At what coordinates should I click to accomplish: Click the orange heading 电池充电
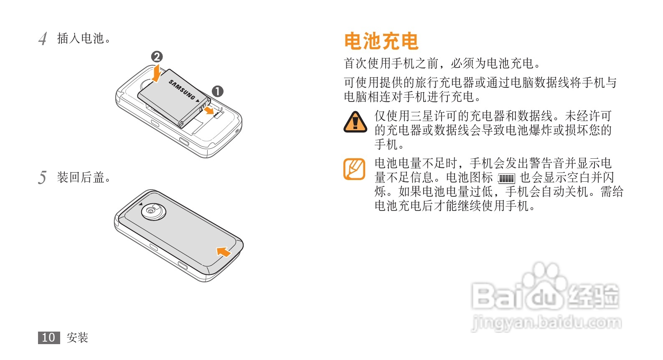[381, 41]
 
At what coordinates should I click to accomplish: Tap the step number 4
[43, 39]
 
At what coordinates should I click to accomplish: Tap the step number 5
[42, 177]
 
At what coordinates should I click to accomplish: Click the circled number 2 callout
[157, 56]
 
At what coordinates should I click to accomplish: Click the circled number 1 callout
[218, 91]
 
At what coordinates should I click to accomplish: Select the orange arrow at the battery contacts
[209, 110]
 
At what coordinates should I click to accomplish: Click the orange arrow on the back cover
[224, 252]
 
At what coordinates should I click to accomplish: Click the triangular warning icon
[355, 122]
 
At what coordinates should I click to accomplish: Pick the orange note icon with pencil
[354, 169]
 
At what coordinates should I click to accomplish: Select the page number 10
[49, 337]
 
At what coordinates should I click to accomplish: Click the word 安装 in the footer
[78, 337]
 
